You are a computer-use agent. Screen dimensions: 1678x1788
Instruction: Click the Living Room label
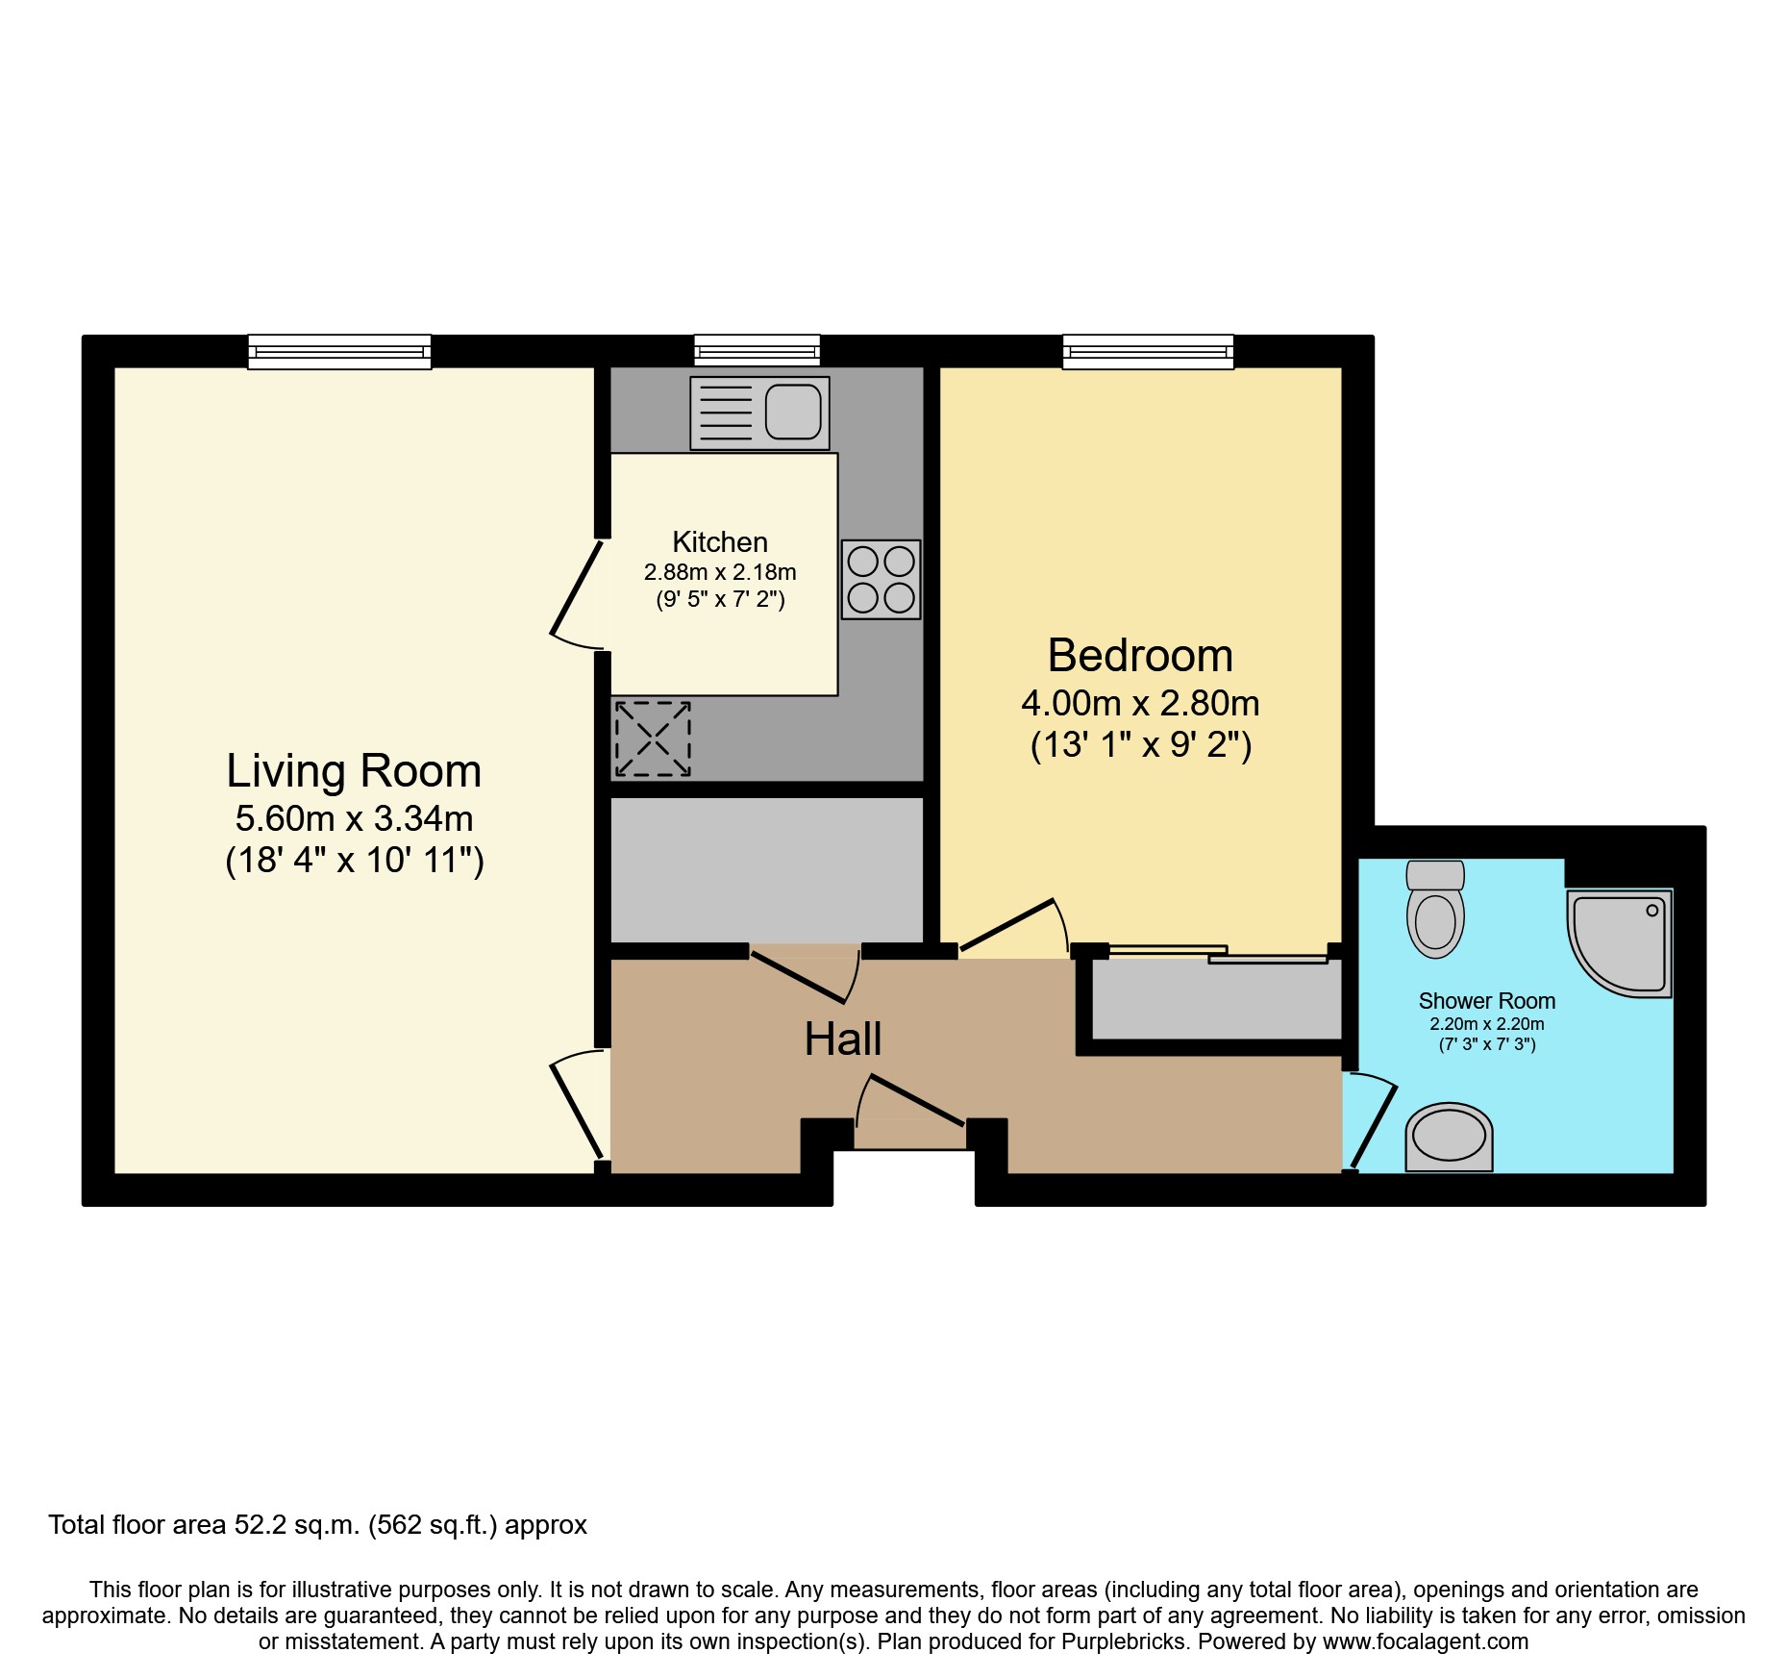tap(353, 771)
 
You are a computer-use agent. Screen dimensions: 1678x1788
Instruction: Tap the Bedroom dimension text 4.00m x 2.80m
tap(1140, 704)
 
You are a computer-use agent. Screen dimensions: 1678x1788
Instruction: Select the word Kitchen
tap(719, 542)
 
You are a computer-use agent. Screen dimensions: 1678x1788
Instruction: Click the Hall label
tap(842, 1039)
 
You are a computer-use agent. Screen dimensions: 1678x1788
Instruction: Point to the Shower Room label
tap(1486, 1001)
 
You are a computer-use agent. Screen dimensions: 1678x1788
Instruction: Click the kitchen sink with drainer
tap(759, 413)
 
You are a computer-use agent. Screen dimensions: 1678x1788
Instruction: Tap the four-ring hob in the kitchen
tap(881, 579)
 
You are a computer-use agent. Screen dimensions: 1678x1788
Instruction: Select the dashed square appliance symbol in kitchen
tap(653, 739)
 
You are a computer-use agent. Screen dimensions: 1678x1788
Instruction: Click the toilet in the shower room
tap(1434, 909)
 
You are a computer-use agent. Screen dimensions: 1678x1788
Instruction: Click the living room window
tap(339, 352)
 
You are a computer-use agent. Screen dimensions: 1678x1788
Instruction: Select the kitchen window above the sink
tap(757, 350)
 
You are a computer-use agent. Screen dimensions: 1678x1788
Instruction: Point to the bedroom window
tap(1148, 352)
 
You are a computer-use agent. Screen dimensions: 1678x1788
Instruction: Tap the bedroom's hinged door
tap(1009, 926)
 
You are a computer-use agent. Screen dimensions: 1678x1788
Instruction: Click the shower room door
tap(1372, 1123)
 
